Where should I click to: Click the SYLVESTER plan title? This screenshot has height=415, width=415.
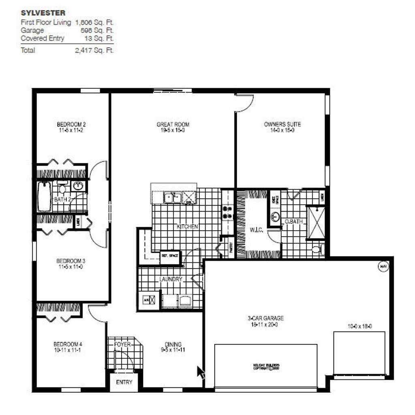click(x=43, y=13)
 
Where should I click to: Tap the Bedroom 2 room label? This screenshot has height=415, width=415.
click(x=71, y=124)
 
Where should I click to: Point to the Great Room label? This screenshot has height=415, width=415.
click(x=173, y=124)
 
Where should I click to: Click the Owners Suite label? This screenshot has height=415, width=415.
click(x=282, y=124)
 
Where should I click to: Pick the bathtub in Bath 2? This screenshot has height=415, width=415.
click(x=44, y=197)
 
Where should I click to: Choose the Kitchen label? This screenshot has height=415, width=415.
click(x=187, y=227)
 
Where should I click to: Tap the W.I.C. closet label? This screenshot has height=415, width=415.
click(x=256, y=230)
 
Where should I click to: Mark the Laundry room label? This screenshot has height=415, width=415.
click(x=171, y=279)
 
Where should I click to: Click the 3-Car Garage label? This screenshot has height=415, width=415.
click(x=265, y=319)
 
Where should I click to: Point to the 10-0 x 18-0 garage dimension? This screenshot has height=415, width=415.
click(x=359, y=326)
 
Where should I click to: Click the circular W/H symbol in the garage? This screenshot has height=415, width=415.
click(x=382, y=266)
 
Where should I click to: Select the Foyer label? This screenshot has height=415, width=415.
click(x=122, y=344)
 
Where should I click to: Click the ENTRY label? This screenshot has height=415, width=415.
click(x=124, y=382)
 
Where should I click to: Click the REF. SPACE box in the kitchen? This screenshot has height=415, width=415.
click(x=170, y=256)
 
